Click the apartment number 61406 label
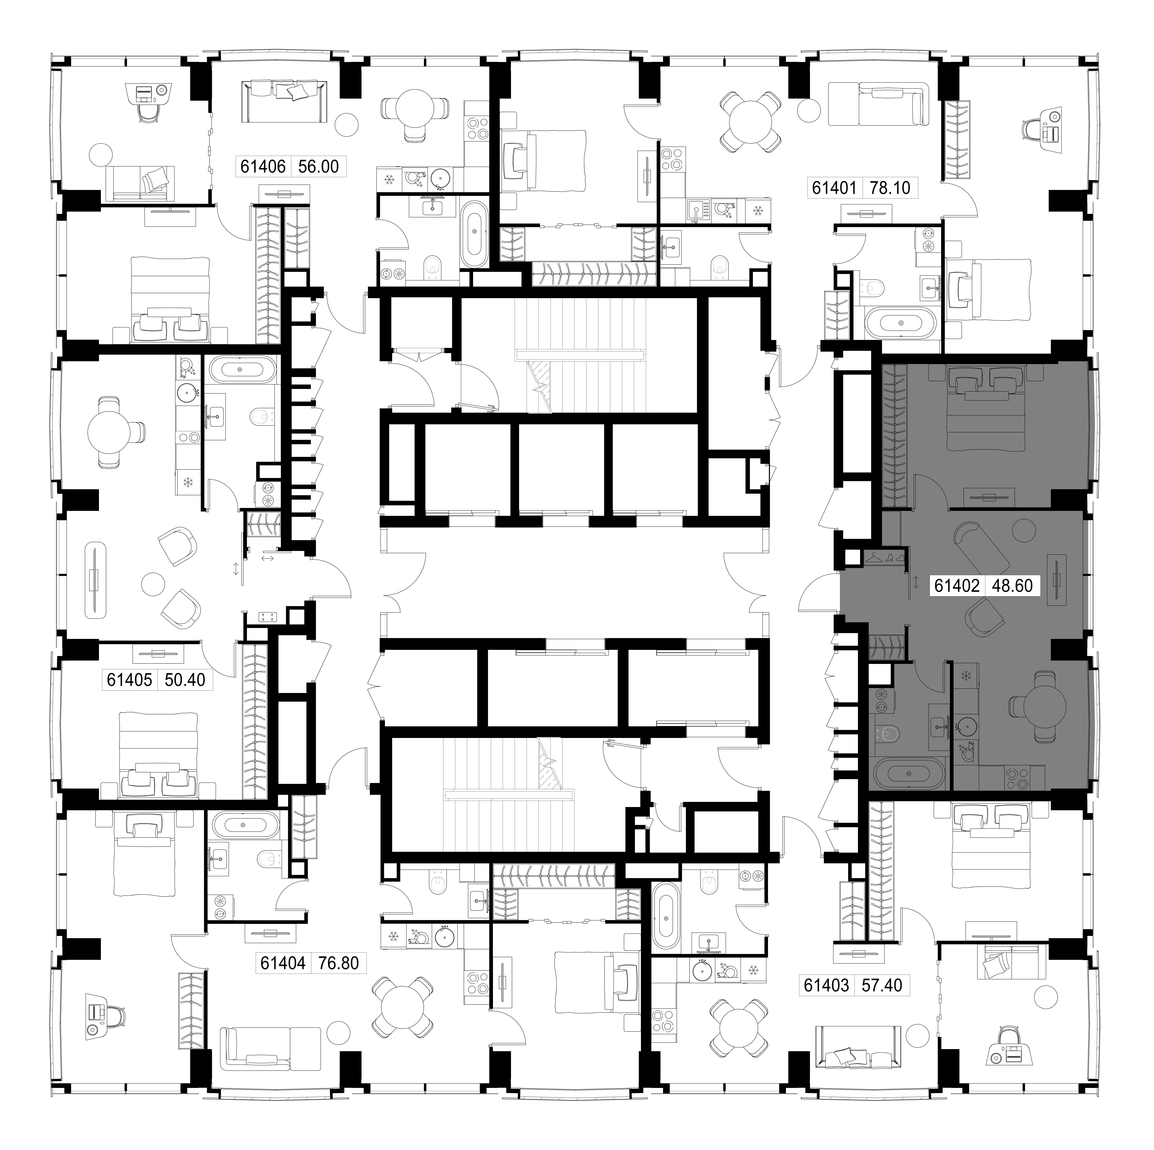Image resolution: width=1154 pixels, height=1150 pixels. point(263,166)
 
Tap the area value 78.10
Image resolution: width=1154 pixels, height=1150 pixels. point(890,188)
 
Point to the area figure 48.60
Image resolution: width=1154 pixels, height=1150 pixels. point(1012,585)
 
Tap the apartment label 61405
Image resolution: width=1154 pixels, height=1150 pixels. point(130,680)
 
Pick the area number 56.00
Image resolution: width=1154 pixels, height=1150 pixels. point(318,166)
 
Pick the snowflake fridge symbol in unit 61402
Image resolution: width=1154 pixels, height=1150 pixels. point(965,676)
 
